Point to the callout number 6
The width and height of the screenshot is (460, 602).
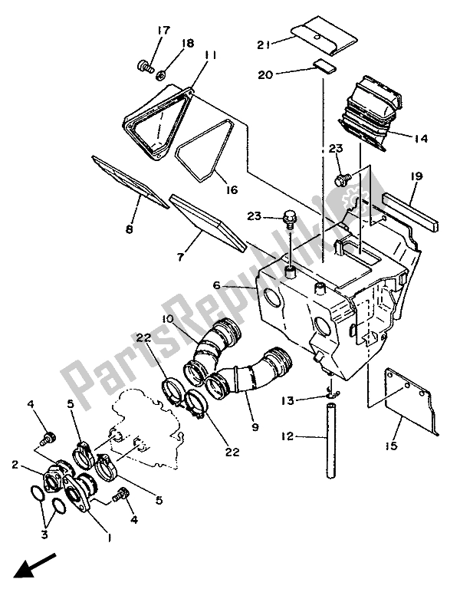[x=218, y=285]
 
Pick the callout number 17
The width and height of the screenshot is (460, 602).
[x=163, y=31]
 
